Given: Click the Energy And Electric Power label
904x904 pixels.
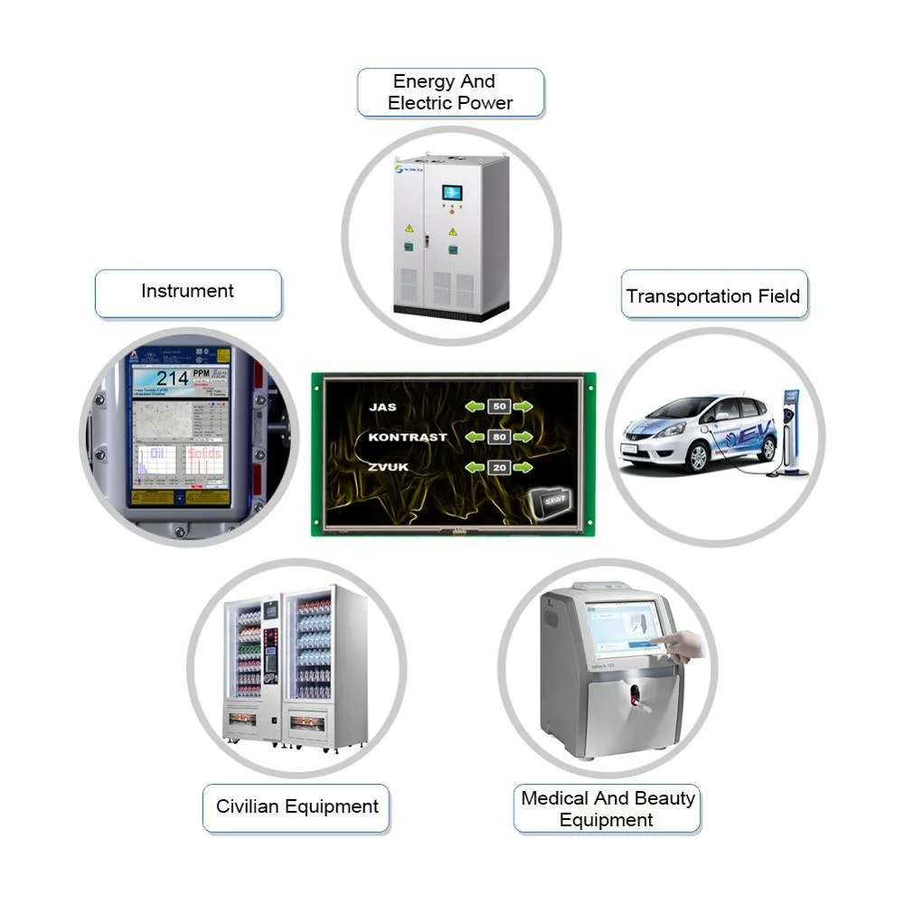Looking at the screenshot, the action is point(450,93).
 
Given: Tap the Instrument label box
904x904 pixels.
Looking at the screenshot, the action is point(188,292).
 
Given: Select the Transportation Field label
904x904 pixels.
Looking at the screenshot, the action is point(712,297).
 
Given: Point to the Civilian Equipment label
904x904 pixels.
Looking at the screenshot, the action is point(297,806).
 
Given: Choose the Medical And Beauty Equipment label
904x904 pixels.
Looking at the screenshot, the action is point(607,809).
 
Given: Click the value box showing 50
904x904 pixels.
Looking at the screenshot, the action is point(498,407).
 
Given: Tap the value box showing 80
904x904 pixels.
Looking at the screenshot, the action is point(498,438).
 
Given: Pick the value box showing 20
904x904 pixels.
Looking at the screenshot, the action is point(498,468).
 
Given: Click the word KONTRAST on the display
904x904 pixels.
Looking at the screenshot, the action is point(407,438).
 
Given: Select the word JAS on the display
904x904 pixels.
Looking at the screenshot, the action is point(382,407).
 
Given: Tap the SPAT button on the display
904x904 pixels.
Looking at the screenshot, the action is point(552,498).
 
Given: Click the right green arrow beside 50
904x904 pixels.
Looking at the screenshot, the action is point(523,407).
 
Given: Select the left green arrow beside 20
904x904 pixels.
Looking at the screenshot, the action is point(474,468).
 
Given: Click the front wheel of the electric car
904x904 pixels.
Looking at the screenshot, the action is point(697,457).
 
